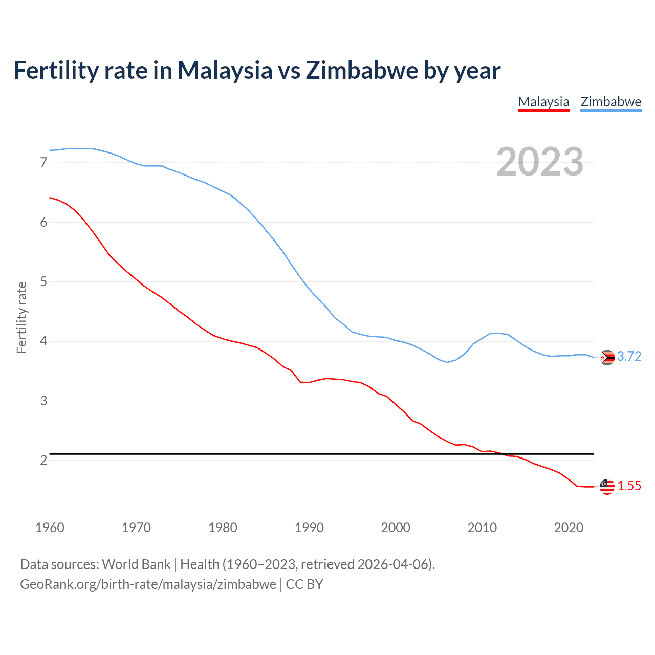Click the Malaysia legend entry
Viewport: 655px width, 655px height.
(x=543, y=102)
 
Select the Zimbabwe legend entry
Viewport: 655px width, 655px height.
(x=610, y=102)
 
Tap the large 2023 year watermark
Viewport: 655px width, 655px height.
(x=539, y=162)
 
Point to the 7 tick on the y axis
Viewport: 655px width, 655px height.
(x=43, y=163)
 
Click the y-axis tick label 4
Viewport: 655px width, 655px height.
(x=43, y=341)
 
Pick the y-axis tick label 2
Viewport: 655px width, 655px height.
(x=43, y=460)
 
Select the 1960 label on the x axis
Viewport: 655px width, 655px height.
(x=50, y=528)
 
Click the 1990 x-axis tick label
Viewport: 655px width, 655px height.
(x=309, y=528)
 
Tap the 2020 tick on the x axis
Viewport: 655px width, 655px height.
(x=569, y=528)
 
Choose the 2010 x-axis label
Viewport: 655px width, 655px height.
(x=482, y=528)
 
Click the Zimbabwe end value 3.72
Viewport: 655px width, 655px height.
(x=629, y=357)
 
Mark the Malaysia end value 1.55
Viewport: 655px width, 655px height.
(x=629, y=486)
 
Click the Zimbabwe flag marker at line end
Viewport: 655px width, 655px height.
(x=607, y=357)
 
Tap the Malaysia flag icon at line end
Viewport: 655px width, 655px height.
(x=607, y=487)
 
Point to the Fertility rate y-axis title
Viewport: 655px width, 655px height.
(x=21, y=317)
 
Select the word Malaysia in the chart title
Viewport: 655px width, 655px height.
(x=225, y=71)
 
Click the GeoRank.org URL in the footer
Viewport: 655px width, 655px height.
(x=148, y=584)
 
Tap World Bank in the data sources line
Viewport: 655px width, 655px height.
(x=136, y=564)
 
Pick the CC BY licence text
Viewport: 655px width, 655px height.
(x=304, y=584)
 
